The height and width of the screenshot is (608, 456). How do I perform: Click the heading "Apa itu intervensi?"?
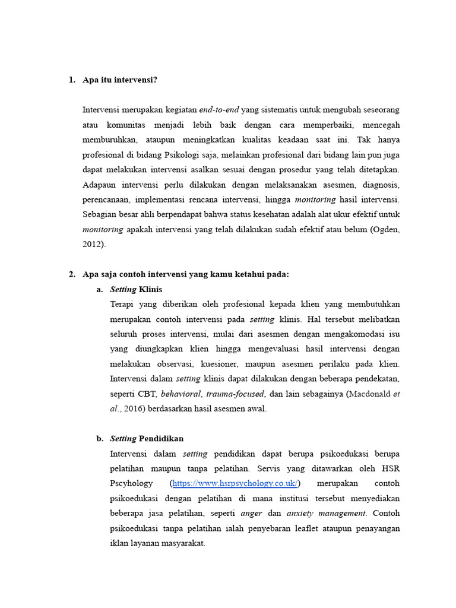coord(120,80)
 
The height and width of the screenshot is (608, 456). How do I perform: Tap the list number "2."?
coord(72,274)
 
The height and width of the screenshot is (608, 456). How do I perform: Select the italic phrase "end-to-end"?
coord(219,110)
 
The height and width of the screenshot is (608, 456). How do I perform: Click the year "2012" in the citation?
coord(92,243)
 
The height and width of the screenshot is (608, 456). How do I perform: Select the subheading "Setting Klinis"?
coord(136,289)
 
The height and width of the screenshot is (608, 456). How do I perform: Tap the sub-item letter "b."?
coord(100,439)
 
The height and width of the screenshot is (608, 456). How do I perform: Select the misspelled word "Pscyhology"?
coord(131,483)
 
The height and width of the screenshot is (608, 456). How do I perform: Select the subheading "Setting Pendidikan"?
coord(147,439)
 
